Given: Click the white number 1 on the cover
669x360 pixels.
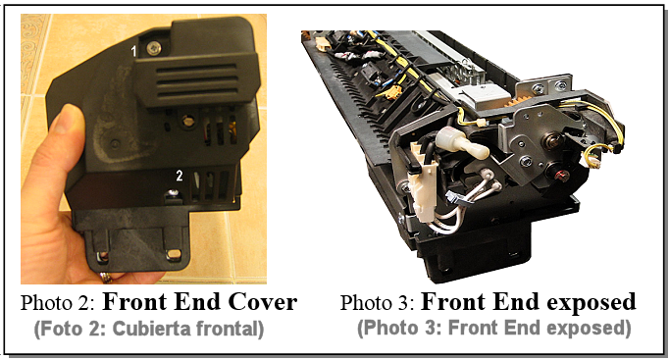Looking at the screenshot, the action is click(x=134, y=52).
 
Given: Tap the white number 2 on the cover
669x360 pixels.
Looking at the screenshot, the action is click(x=180, y=176).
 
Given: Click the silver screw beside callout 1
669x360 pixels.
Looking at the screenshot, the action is click(x=154, y=49).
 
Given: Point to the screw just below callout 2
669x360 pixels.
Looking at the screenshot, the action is click(x=173, y=193).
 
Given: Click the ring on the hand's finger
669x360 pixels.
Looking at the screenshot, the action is click(x=106, y=278).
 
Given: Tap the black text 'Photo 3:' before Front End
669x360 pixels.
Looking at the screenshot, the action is click(x=377, y=303).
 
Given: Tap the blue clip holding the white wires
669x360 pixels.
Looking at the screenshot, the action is click(x=452, y=197).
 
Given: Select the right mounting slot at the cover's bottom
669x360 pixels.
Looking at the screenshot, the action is click(x=174, y=255).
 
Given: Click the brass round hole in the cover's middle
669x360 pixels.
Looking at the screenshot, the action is click(x=187, y=122).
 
